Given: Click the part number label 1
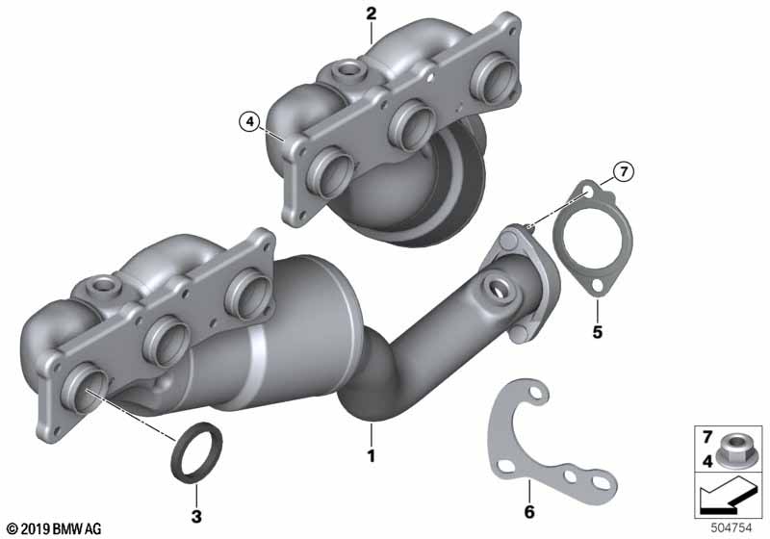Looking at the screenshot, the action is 372,456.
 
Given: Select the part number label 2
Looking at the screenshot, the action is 372,13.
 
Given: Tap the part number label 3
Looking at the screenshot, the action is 196,516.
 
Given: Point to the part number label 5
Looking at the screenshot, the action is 597,332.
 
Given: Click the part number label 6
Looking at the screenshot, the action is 528,511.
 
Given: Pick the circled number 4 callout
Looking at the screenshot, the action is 250,120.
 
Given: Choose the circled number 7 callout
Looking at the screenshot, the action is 623,172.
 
